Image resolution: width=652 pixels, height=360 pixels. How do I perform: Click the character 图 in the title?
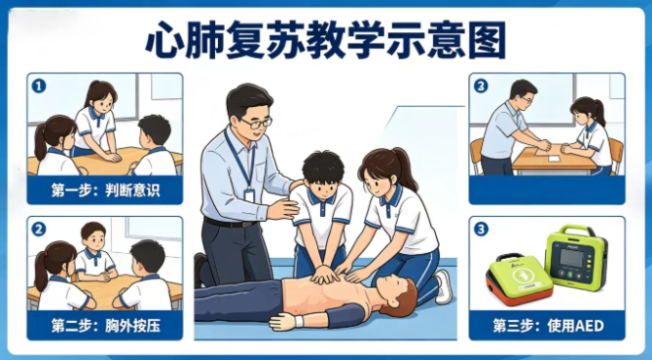tap(487, 40)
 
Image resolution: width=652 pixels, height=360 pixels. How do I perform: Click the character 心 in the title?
tap(163, 40)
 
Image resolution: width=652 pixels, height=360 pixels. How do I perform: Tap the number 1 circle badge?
tap(39, 86)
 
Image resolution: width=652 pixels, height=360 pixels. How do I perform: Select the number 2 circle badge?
tap(39, 229)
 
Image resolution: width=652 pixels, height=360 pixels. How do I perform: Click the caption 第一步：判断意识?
tap(105, 190)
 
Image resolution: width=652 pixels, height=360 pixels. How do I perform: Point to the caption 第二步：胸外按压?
tap(105, 326)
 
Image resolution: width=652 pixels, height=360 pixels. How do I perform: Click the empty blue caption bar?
tap(547, 190)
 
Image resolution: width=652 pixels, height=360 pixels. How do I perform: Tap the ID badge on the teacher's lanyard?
tap(249, 196)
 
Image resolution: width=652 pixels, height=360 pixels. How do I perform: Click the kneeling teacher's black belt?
tap(229, 223)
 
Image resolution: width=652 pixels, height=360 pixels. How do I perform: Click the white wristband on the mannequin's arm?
tap(299, 321)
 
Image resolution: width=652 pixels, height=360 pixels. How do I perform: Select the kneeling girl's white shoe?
tap(444, 286)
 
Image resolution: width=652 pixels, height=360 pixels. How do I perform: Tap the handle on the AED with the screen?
tap(576, 230)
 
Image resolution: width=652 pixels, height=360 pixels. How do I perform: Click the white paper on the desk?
tap(553, 159)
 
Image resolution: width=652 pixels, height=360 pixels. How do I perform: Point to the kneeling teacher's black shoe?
tap(200, 270)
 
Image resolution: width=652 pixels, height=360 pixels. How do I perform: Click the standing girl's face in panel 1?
tap(103, 102)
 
